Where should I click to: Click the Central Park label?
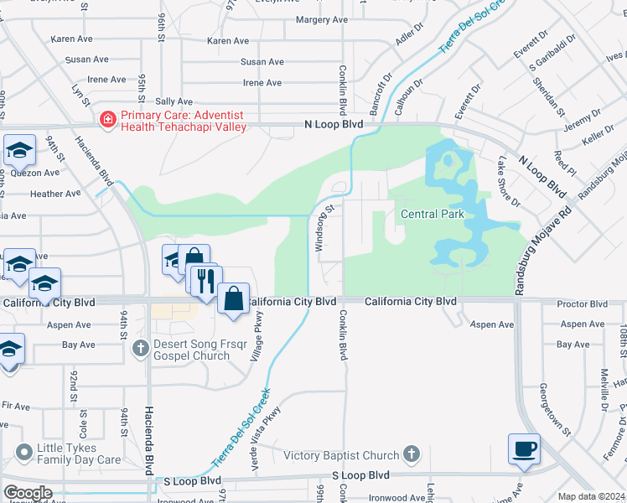tap(432, 214)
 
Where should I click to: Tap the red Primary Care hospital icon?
tap(107, 121)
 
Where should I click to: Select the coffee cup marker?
tap(525, 449)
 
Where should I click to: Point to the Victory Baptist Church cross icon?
tap(411, 454)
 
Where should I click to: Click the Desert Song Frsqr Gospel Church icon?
tap(141, 345)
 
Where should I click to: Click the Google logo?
tap(28, 493)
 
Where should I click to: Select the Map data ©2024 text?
tap(591, 496)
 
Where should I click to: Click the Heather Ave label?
tap(55, 193)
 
